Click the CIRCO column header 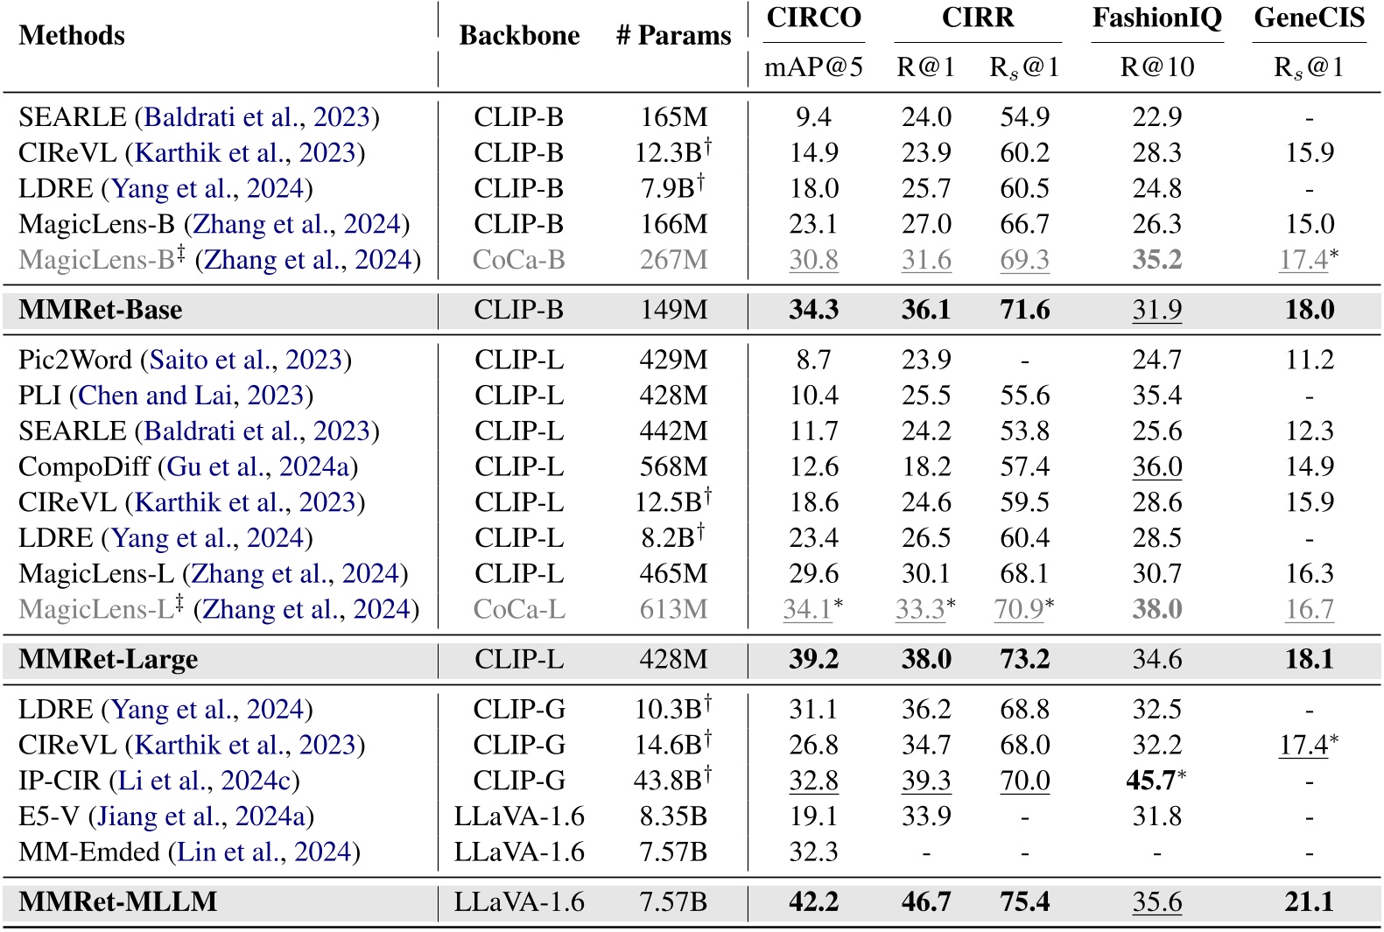(x=814, y=18)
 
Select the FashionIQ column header (x=1156, y=18)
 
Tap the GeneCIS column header (x=1309, y=18)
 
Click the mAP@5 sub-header (x=813, y=67)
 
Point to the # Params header (x=673, y=36)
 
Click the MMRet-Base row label (x=101, y=310)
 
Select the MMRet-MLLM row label (x=118, y=902)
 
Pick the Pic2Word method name (x=75, y=361)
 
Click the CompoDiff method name (x=84, y=467)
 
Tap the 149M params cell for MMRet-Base (x=673, y=310)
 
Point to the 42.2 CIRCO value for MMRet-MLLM (x=813, y=902)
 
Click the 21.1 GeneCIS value (x=1309, y=902)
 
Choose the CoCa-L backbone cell (x=519, y=610)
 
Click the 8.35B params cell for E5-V (x=673, y=816)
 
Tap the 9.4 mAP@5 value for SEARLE (x=813, y=117)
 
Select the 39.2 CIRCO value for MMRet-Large (x=813, y=660)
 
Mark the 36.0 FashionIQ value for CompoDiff (x=1156, y=467)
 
